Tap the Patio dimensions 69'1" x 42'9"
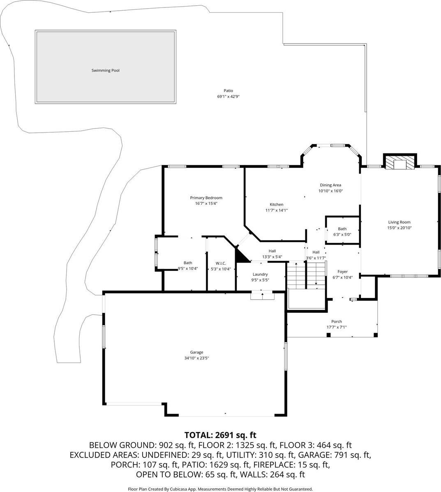coord(228,97)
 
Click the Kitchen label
coord(276,204)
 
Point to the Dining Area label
coord(330,185)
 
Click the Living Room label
coord(399,222)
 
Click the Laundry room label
coord(260,275)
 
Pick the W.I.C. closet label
coord(221,263)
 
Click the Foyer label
coord(342,272)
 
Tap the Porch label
coord(336,322)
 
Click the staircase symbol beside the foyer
coord(306,275)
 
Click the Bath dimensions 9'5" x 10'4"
coord(188,269)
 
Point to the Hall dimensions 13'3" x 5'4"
coord(272,257)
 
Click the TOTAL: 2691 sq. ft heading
coord(220,435)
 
